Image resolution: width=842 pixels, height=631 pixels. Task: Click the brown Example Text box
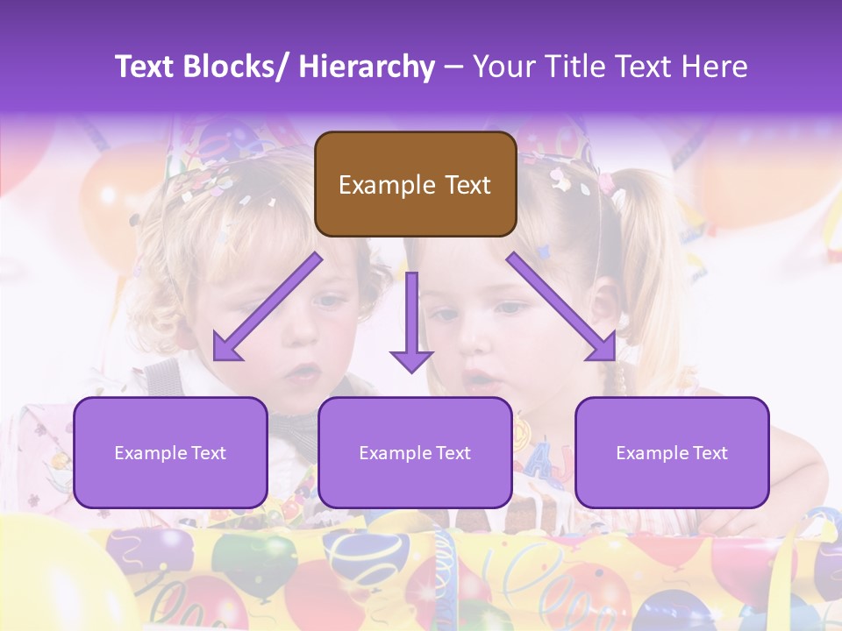pyautogui.click(x=415, y=184)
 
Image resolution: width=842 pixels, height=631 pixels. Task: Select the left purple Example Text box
pyautogui.click(x=170, y=452)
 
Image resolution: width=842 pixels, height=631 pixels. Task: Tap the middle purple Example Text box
pyautogui.click(x=415, y=452)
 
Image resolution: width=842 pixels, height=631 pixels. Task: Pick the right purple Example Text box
pyautogui.click(x=672, y=452)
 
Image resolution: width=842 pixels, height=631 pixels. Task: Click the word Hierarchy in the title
pyautogui.click(x=366, y=67)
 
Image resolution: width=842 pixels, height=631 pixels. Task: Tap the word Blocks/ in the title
pyautogui.click(x=237, y=67)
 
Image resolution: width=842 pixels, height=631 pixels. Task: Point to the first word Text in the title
pyautogui.click(x=146, y=67)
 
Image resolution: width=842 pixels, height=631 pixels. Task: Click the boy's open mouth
pyautogui.click(x=303, y=372)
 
